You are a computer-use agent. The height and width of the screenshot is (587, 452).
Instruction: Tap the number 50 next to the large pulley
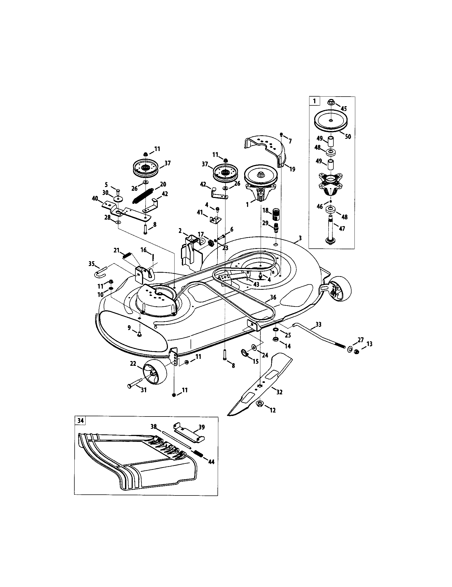[348, 137]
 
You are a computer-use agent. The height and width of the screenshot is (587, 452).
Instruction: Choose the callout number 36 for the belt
[273, 297]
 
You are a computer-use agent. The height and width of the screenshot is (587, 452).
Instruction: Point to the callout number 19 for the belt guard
[292, 169]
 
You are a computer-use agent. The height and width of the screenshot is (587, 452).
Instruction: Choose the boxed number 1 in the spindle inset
[314, 102]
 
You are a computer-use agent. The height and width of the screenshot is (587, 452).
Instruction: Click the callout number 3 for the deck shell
[300, 238]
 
